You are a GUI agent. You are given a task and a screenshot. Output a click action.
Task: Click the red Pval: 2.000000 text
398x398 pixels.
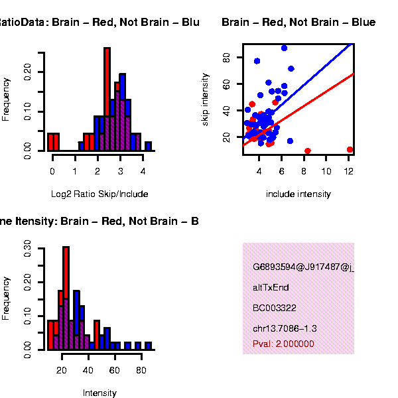(x=283, y=344)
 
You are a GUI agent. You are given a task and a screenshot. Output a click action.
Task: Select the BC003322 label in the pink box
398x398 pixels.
(x=274, y=308)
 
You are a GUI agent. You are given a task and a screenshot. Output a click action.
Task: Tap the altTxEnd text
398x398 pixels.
(x=271, y=288)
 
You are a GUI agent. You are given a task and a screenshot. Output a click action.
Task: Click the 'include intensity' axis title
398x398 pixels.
(x=298, y=194)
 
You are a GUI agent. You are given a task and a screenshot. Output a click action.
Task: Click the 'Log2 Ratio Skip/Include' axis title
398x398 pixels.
(x=99, y=194)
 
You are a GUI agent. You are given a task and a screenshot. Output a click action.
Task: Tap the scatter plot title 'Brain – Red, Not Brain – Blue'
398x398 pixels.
(x=298, y=23)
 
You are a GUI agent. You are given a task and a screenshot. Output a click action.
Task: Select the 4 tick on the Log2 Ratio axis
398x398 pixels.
(x=143, y=170)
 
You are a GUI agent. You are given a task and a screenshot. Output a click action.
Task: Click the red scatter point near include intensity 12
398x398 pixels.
(x=350, y=150)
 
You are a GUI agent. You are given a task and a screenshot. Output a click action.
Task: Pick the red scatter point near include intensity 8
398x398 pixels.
(x=307, y=151)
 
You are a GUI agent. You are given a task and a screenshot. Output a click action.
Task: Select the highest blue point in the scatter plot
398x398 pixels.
(x=284, y=48)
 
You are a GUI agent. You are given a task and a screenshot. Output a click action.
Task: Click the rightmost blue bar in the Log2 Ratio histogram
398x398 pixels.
(x=148, y=146)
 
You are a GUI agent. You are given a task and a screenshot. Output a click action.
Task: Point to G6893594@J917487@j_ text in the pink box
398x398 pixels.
(x=303, y=267)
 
